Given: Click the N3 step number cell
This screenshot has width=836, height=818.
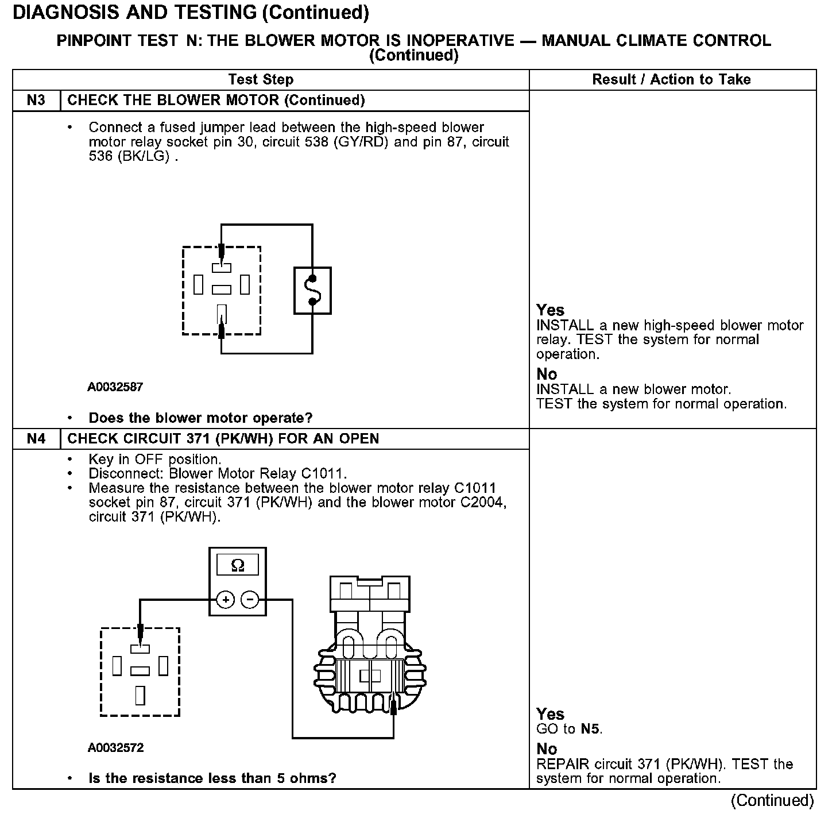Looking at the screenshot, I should (x=36, y=101).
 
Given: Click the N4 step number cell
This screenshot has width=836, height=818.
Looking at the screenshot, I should (x=36, y=439).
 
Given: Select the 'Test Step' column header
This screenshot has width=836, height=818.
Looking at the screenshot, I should (x=261, y=80).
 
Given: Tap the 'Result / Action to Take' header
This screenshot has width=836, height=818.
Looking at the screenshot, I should (x=671, y=80).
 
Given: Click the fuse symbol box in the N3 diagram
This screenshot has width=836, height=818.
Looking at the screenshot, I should (x=312, y=291).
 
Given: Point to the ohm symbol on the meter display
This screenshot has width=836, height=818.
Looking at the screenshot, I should (x=237, y=566).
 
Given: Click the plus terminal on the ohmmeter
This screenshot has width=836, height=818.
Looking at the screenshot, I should (x=226, y=600).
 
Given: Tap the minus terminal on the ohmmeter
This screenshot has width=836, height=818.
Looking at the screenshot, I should (x=250, y=600).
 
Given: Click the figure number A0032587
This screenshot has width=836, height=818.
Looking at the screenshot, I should (x=115, y=387).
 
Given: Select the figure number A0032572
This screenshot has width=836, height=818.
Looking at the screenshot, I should (x=115, y=748).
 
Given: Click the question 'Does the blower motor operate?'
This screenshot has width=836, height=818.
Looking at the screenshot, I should (x=200, y=418).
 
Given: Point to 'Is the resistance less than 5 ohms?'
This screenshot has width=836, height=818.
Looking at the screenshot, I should (x=212, y=778).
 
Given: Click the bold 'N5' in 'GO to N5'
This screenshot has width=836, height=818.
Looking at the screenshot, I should (x=591, y=730).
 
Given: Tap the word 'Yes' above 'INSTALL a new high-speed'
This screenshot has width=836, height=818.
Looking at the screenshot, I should (x=550, y=310).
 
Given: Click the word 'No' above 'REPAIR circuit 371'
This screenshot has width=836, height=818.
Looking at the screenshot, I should (x=547, y=749).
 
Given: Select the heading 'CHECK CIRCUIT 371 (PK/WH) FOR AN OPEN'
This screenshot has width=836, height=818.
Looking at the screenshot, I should (x=223, y=439).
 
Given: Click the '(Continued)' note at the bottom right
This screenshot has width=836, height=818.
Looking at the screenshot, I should (x=772, y=800).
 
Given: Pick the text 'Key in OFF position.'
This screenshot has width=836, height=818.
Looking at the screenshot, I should (x=154, y=460).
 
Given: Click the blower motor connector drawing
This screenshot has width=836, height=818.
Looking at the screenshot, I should (x=370, y=646).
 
